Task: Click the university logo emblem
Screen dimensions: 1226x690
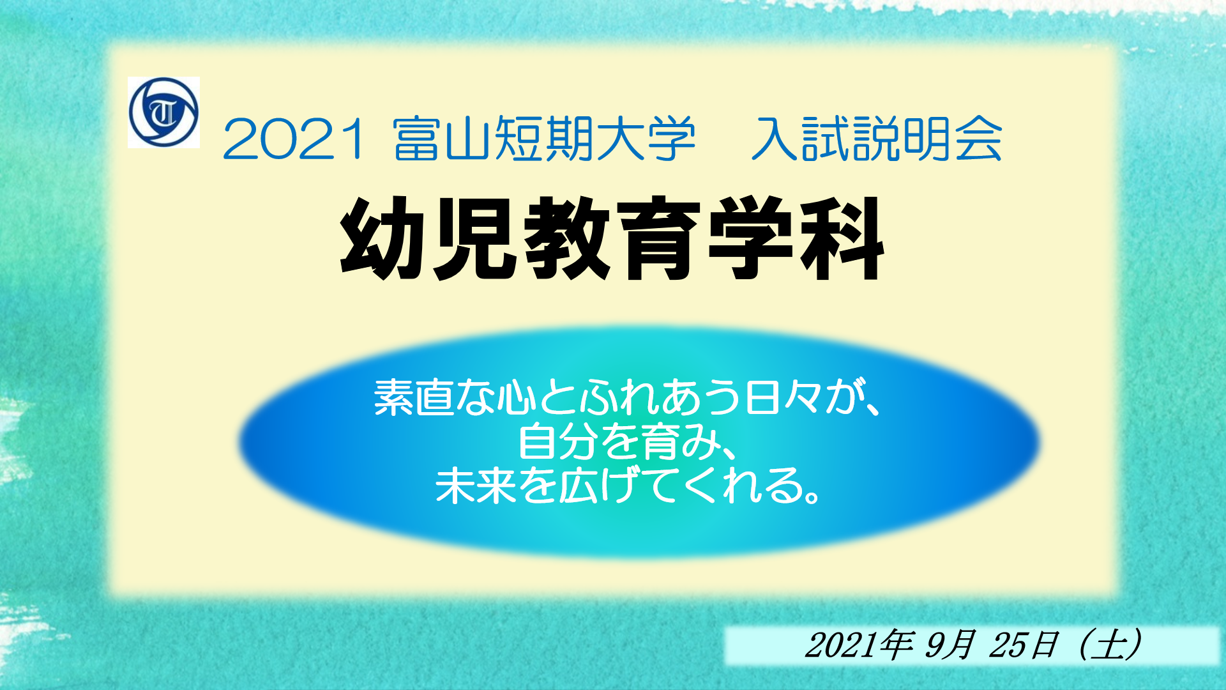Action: [163, 112]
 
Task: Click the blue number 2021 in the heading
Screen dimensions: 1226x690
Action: [294, 139]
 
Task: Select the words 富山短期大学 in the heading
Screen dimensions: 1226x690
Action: [545, 138]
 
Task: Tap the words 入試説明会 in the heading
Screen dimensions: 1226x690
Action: [877, 138]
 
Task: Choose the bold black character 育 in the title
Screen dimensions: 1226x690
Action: [658, 238]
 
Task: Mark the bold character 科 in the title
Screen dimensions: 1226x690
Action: [841, 238]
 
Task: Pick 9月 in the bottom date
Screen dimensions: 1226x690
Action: [950, 645]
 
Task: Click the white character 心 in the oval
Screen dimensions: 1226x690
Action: [516, 397]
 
